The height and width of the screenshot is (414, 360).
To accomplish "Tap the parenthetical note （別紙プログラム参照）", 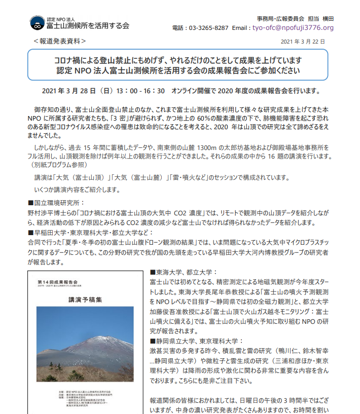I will coord(57,165).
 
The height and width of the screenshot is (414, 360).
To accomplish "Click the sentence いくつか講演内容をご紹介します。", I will coord(77,190).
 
